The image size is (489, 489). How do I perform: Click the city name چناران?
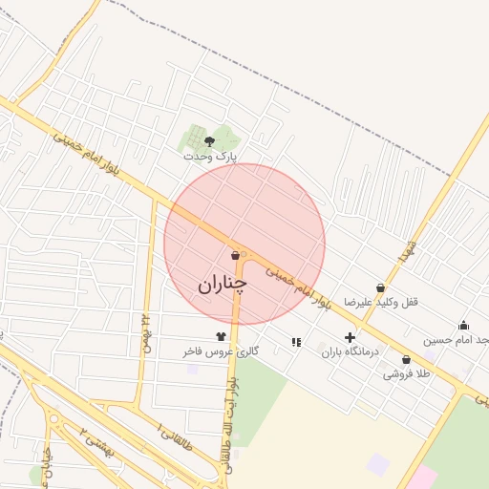coord(223,284)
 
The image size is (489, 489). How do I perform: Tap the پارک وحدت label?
coord(209,156)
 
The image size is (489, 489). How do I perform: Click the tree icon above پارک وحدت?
coord(210,141)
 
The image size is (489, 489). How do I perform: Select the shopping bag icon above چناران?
coord(235,255)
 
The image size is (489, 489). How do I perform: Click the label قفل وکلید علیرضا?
coord(382,302)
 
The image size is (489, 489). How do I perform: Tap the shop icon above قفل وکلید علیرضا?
coord(381,287)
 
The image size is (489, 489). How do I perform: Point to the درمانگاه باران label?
coord(350,351)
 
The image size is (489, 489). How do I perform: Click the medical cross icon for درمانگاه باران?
coord(350,337)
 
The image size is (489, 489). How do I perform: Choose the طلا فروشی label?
coord(407,373)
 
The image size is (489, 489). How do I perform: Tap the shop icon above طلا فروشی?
coord(407,360)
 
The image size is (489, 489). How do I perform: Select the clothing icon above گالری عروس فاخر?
coord(222,336)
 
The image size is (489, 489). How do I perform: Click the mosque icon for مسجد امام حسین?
coord(464,326)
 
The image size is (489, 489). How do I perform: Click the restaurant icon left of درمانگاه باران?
coord(295,341)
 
